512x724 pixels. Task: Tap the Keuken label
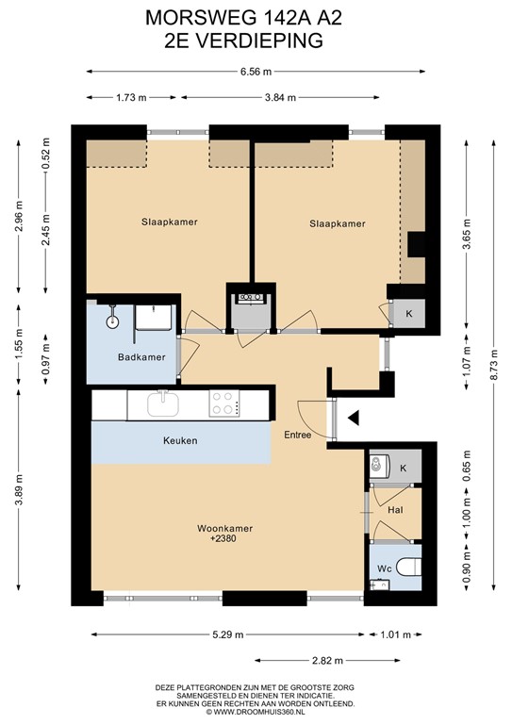tap(180, 439)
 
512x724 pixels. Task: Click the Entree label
tap(299, 435)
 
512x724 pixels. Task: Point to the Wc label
tap(384, 569)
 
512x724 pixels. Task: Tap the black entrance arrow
tap(353, 418)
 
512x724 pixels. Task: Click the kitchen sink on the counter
tap(165, 404)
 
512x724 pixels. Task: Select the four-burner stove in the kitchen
tap(223, 403)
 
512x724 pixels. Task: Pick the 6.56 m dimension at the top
tap(256, 71)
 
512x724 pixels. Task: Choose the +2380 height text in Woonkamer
tap(225, 540)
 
